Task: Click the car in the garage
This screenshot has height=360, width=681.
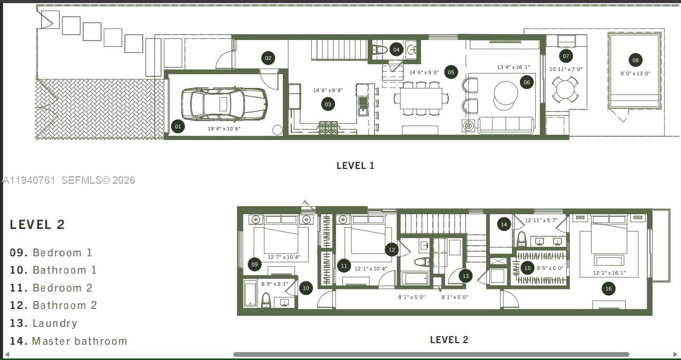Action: [224, 104]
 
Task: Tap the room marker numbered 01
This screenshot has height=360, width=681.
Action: [178, 126]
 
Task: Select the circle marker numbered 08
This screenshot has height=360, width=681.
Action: [636, 60]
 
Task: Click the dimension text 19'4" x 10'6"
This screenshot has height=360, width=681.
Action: [224, 128]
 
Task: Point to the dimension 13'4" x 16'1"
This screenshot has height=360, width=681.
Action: [513, 67]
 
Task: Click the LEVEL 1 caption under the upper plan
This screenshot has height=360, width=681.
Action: [355, 165]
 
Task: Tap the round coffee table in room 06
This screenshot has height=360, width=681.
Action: [506, 95]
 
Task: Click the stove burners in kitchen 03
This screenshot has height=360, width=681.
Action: [329, 126]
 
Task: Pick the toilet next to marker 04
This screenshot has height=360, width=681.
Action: [379, 50]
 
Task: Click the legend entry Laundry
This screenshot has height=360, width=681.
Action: [54, 323]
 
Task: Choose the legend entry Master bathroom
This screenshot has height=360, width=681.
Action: [79, 341]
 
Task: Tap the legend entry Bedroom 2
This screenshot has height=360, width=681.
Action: [62, 288]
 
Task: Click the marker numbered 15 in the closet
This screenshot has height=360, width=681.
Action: [527, 268]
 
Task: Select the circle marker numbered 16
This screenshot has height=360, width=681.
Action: [608, 288]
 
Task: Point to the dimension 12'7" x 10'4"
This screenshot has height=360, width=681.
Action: [284, 257]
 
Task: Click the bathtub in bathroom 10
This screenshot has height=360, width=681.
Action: [250, 294]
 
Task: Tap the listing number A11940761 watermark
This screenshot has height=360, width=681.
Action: [29, 180]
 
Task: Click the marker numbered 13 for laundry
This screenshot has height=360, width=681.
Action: [465, 276]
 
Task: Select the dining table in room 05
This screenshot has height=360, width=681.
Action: [421, 98]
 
